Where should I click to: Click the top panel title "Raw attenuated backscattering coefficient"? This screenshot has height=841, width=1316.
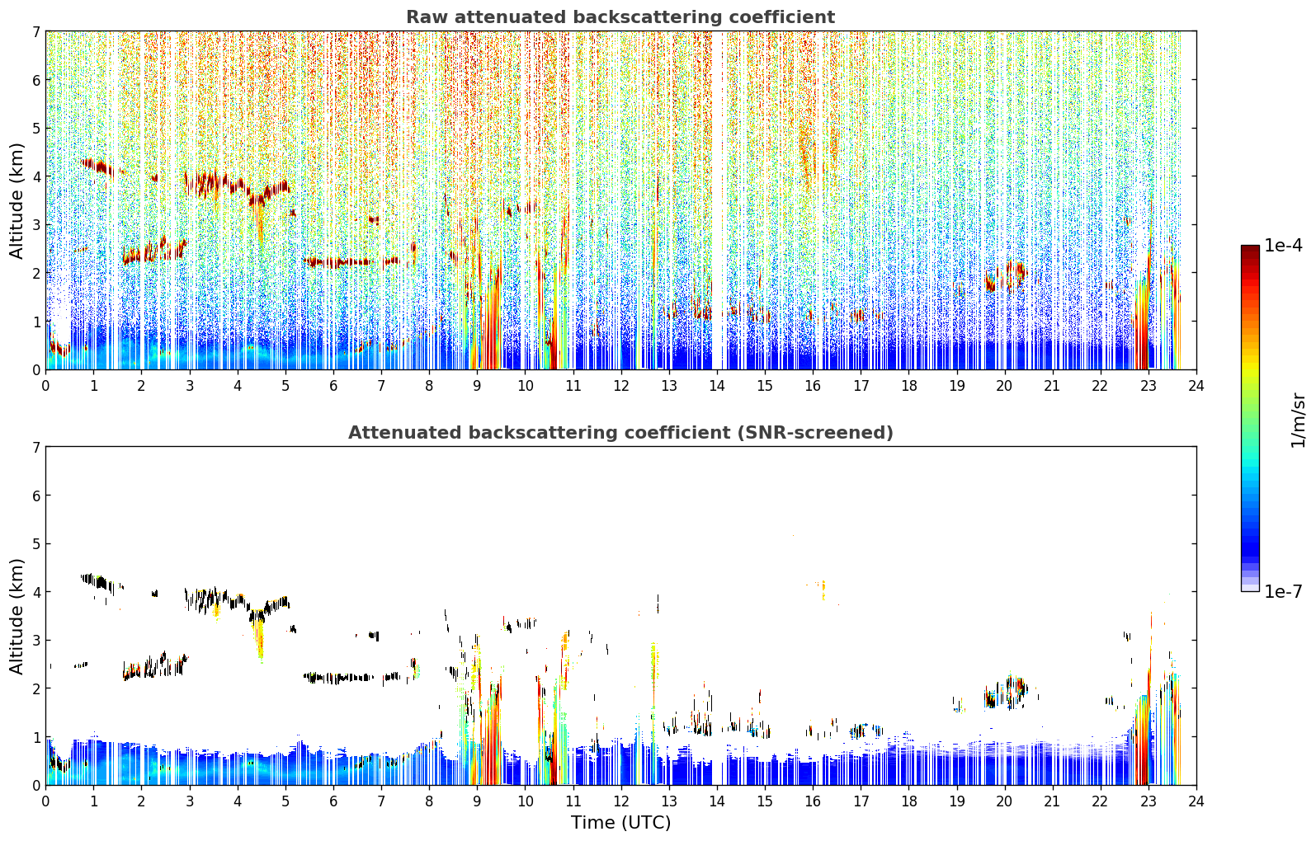620,17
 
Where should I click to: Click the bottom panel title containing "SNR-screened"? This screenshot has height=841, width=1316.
620,433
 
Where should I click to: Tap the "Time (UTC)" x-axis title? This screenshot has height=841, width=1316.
620,823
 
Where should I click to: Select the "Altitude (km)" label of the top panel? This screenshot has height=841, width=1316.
17,201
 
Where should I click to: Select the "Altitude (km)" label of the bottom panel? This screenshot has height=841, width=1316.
17,617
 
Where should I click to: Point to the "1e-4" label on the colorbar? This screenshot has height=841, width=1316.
1283,246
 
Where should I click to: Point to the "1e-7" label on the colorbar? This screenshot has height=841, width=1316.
1283,591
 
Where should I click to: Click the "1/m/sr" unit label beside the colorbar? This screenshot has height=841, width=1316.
1299,420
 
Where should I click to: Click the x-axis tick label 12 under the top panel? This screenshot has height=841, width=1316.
621,386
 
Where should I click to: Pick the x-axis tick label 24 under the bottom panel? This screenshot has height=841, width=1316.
1196,801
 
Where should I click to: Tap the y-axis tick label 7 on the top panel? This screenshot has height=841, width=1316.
35,31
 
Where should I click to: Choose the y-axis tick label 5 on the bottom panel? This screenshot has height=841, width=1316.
35,544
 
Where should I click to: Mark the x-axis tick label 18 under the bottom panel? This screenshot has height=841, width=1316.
909,801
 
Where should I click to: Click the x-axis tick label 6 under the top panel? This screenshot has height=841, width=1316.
333,386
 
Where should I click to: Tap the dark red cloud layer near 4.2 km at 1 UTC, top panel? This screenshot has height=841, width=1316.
97,167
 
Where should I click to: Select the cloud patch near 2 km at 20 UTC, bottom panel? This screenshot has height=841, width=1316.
1006,693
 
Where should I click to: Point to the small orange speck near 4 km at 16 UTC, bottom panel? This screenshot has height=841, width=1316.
823,589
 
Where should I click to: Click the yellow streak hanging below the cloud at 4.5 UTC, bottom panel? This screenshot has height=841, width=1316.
260,640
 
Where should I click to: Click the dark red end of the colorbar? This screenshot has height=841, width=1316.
1250,250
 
